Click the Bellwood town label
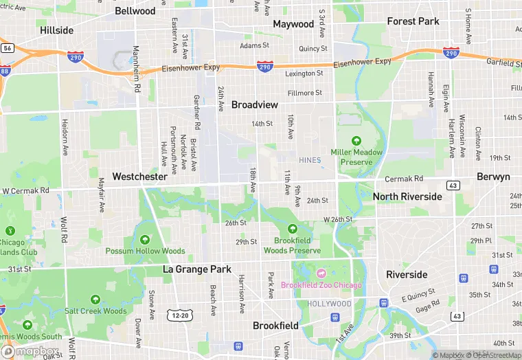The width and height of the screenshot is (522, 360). coord(135,11)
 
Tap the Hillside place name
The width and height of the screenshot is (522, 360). coord(56,30)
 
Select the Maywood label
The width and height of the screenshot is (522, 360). coord(293,24)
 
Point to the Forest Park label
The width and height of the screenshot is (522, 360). coord(413,21)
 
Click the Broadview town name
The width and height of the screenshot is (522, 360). coord(255,104)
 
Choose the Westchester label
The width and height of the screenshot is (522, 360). coord(139,177)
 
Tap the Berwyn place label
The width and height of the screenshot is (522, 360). coord(493,177)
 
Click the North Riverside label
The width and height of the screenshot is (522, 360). coord(407,196)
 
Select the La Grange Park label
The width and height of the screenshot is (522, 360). coord(197,269)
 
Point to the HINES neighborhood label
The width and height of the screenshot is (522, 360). coord(310,160)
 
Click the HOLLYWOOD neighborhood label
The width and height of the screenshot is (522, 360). coord(330,304)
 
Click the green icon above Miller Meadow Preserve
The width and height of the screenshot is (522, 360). coord(356,140)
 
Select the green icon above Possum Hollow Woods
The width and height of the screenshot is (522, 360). coord(145,240)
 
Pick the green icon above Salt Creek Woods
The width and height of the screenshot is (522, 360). coord(95,300)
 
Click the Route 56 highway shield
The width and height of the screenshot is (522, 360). coord(7,48)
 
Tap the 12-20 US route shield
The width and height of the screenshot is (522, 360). coord(180,315)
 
